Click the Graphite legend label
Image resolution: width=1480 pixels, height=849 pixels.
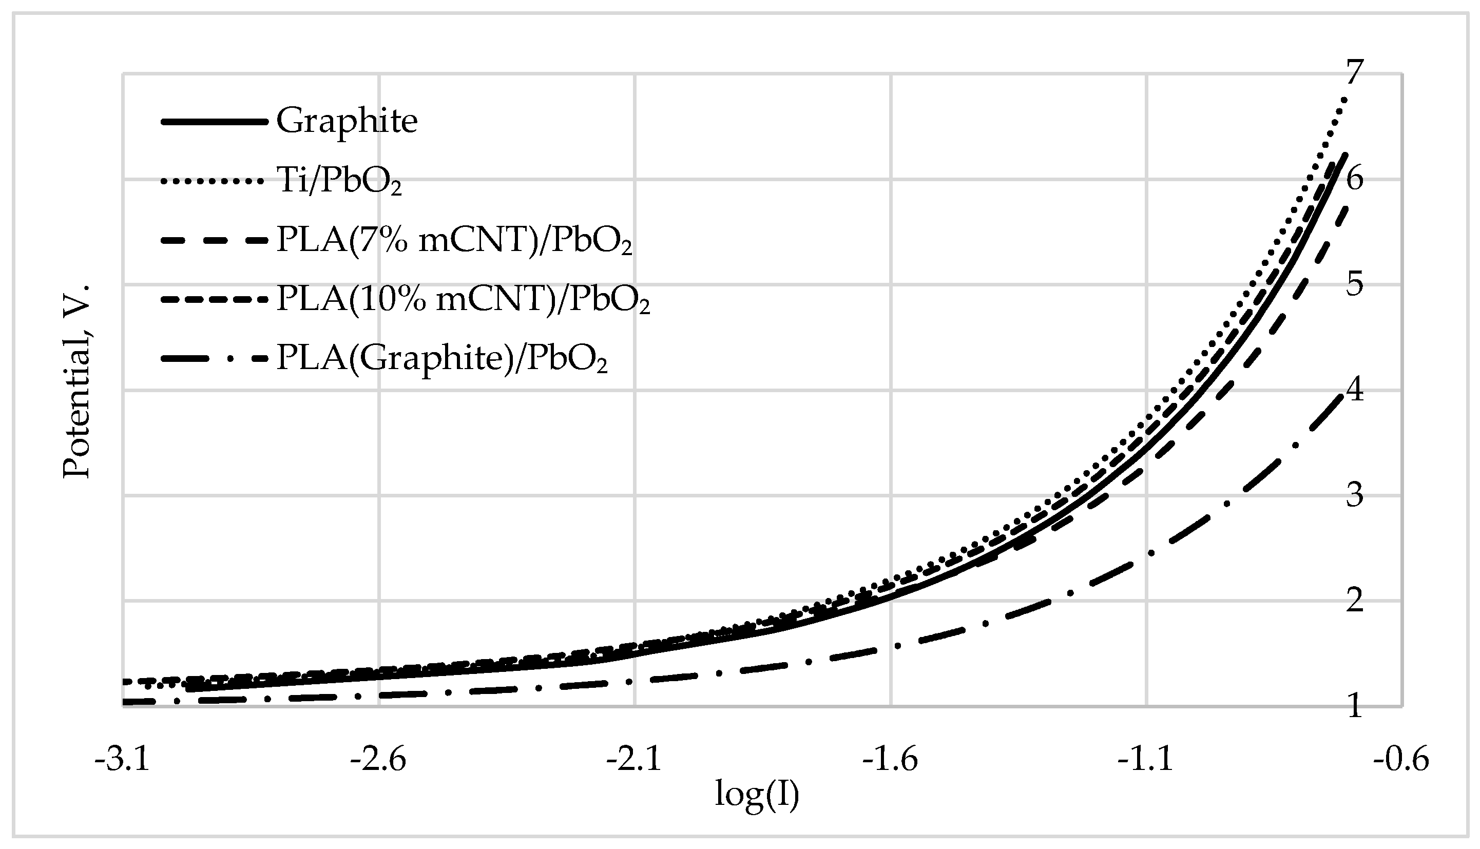(x=347, y=122)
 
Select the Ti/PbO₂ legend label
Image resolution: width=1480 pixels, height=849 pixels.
(x=339, y=181)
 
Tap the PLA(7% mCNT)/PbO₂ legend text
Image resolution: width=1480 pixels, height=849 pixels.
(x=454, y=240)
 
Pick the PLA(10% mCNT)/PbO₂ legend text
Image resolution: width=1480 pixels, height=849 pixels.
(x=463, y=300)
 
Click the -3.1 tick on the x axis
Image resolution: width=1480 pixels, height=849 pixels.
(x=123, y=760)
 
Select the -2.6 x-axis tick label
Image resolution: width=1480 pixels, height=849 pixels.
(x=378, y=760)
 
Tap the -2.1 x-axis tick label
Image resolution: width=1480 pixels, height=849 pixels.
(x=635, y=760)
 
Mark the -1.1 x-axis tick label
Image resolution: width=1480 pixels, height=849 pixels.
(x=1146, y=760)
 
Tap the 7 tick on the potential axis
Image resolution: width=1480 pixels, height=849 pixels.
(x=1355, y=72)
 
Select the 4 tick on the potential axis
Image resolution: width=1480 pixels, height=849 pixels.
(x=1355, y=390)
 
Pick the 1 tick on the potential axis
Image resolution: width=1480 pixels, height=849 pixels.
(x=1355, y=706)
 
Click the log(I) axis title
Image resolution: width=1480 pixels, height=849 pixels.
(x=757, y=795)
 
